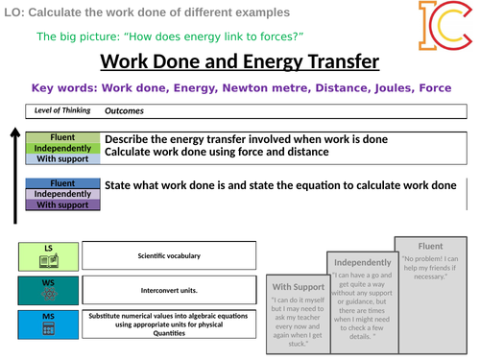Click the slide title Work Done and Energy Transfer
pyautogui.click(x=239, y=62)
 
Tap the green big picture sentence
pyautogui.click(x=170, y=36)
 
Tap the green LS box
pyautogui.click(x=47, y=254)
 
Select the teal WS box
pyautogui.click(x=47, y=290)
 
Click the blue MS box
pyautogui.click(x=47, y=324)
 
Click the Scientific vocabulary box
pyautogui.click(x=169, y=255)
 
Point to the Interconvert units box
pyautogui.click(x=169, y=290)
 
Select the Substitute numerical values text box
pyautogui.click(x=169, y=324)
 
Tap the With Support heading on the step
pyautogui.click(x=298, y=286)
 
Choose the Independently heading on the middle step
pyautogui.click(x=362, y=262)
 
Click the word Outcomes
pyautogui.click(x=124, y=110)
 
